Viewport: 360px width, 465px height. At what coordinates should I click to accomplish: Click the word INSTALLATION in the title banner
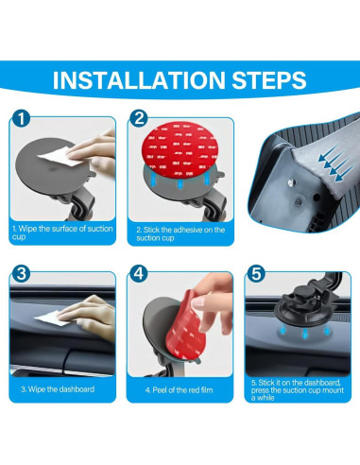click(x=139, y=80)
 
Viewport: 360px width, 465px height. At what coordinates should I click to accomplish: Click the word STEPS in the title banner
click(x=269, y=80)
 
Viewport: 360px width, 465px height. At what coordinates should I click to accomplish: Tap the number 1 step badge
click(x=21, y=119)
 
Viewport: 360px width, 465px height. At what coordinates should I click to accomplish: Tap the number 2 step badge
click(x=139, y=119)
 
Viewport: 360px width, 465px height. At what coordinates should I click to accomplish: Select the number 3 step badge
click(x=21, y=273)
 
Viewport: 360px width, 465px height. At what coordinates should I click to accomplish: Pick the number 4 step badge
click(x=139, y=273)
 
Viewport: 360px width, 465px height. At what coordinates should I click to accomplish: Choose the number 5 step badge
click(x=256, y=273)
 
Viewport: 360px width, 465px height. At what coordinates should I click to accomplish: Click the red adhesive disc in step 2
click(x=180, y=150)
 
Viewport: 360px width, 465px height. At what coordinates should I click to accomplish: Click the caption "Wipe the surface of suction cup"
click(x=62, y=232)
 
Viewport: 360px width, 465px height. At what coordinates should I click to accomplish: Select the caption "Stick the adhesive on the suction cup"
click(x=180, y=233)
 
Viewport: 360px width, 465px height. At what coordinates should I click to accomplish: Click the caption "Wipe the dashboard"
click(x=58, y=389)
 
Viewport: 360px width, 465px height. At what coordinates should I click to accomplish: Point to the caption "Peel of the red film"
click(x=179, y=390)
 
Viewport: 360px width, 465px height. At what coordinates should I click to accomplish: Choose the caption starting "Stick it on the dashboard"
click(x=298, y=390)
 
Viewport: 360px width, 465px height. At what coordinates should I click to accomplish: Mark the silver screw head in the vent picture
click(x=291, y=181)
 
